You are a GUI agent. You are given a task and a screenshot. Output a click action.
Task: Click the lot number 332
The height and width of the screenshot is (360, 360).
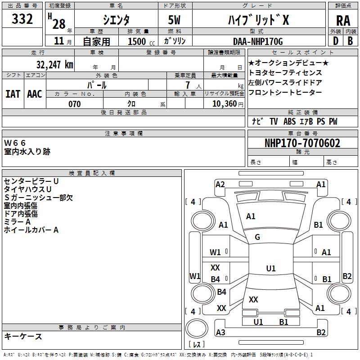coord(22,19)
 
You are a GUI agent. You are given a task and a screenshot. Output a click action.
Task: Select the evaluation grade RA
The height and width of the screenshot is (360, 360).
coord(343,20)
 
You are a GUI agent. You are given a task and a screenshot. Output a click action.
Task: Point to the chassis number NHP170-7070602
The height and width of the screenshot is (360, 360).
coord(302,144)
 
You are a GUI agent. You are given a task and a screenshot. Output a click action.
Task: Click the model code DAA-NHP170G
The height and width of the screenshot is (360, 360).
coord(258,41)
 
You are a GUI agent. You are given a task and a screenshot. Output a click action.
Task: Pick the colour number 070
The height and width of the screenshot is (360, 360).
coord(74,104)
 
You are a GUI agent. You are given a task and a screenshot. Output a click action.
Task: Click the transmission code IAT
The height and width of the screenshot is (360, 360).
coord(13,94)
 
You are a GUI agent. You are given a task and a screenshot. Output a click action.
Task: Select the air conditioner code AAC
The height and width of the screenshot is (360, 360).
coord(34,94)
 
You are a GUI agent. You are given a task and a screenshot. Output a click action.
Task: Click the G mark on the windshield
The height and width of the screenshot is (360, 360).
coord(257,237)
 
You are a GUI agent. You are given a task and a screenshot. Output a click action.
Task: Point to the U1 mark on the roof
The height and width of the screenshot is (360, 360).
coord(270,269)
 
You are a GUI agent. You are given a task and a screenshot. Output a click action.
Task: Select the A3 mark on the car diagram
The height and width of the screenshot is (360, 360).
coord(220,333)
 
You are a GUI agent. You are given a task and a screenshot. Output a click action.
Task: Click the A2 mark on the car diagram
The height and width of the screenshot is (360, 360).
coord(220,184)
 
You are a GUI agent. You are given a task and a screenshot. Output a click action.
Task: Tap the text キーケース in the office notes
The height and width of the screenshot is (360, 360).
coord(23,336)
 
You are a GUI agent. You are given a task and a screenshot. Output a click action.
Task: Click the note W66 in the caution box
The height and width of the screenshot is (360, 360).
coord(15,143)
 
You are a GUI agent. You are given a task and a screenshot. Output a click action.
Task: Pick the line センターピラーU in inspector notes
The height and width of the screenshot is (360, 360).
coord(31,181)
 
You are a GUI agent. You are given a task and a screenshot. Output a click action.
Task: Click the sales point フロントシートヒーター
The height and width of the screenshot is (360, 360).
coord(285,93)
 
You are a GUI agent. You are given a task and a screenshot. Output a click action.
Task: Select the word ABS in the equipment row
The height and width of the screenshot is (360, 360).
coord(290,121)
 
